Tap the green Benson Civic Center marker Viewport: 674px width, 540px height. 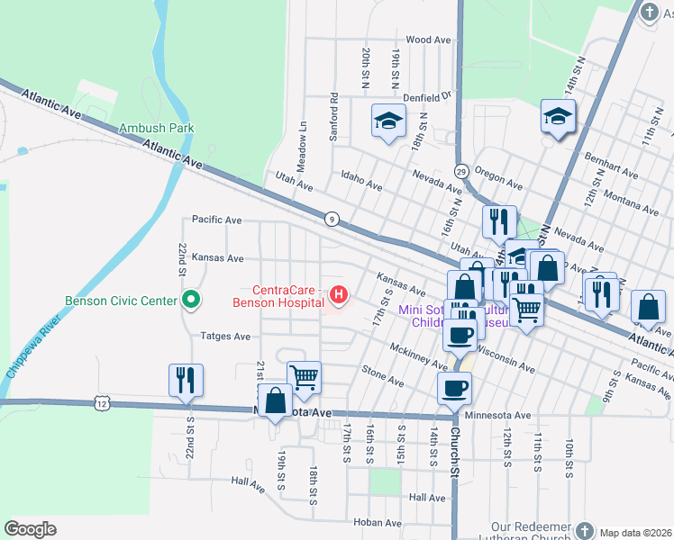point(190,300)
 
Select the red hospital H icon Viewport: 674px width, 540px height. point(339,294)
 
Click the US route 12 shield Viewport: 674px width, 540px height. point(99,405)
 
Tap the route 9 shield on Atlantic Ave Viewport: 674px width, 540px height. point(332,219)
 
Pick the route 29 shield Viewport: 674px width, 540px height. point(460,171)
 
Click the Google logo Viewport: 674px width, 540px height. point(31,529)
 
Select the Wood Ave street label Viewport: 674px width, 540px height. point(428,40)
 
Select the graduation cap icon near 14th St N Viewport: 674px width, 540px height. point(558,115)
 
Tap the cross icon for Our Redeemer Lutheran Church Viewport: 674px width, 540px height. point(585,531)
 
